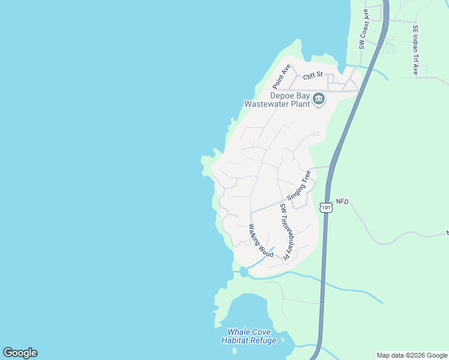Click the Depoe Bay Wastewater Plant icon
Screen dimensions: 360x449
319,100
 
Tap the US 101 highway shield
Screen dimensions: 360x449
326,207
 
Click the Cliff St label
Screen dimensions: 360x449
313,76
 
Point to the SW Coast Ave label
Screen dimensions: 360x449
363,29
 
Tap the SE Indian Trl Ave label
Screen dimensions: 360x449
415,49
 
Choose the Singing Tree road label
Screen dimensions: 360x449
299,185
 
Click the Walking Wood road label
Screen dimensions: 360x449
261,241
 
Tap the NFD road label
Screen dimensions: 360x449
342,202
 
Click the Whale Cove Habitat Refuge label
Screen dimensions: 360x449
249,337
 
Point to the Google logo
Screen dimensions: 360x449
20,353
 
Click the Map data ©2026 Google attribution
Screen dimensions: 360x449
412,355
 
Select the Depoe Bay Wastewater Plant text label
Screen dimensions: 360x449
277,99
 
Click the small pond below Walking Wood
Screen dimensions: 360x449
243,272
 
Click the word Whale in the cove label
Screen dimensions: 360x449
238,332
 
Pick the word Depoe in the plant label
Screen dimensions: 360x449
281,95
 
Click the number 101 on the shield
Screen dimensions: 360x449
326,208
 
